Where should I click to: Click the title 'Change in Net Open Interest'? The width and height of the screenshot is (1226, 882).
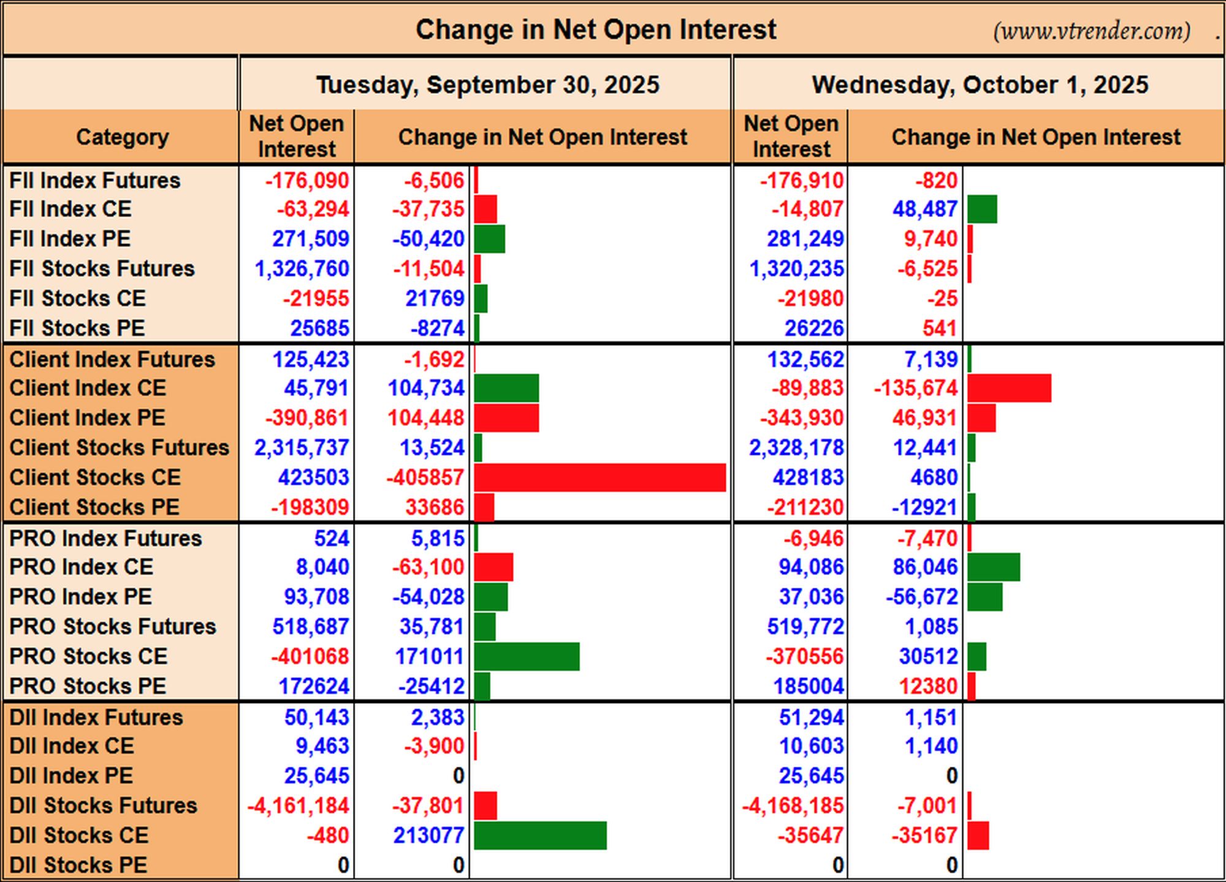coord(596,29)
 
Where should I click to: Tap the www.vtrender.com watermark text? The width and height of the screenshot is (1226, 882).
coord(1092,31)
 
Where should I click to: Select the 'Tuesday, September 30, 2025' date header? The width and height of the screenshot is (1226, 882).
coord(487,85)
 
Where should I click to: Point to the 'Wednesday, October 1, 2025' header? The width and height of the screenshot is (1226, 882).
coord(980,85)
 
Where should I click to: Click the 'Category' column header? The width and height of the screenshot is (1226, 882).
coord(122,137)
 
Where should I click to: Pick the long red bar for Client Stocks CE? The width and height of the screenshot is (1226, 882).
coord(600,477)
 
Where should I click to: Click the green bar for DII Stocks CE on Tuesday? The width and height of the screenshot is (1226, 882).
coord(540,835)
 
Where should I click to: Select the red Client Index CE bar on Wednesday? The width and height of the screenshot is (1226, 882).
coord(1009,389)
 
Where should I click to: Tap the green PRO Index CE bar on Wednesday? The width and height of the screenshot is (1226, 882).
coord(994,567)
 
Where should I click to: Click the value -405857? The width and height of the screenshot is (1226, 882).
coord(425,477)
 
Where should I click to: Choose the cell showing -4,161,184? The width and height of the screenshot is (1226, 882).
coord(298,805)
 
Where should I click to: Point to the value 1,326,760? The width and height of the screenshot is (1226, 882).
coord(302,268)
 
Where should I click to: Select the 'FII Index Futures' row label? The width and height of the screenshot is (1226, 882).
coord(95,180)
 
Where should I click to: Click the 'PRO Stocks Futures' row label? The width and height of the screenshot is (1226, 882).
coord(113,626)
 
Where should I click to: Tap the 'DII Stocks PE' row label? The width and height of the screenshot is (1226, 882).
coord(78,865)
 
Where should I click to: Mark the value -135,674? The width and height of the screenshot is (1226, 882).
coord(915,388)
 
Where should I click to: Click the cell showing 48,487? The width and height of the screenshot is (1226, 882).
coord(925,209)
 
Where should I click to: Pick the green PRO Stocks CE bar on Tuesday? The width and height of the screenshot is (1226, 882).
coord(527,656)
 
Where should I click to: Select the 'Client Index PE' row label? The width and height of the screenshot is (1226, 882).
coord(88,417)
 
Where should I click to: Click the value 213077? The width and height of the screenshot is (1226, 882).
coord(428,835)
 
